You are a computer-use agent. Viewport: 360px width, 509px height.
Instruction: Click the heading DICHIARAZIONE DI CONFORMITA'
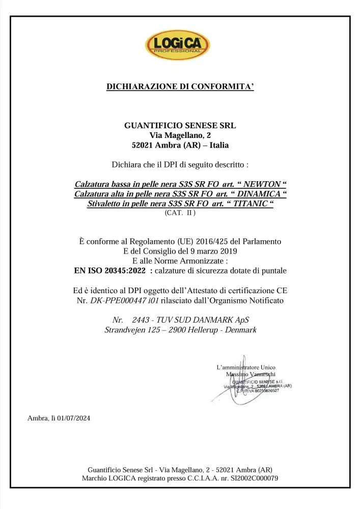tap(180, 87)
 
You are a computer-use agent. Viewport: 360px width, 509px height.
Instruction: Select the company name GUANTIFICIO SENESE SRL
tap(180, 125)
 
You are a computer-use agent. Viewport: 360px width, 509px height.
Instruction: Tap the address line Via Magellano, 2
tap(180, 135)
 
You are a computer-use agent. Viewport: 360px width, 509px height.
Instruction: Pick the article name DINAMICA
tap(259, 194)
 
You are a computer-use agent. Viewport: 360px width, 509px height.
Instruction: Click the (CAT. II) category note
tap(180, 213)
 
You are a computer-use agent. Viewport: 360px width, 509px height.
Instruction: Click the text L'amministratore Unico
tap(246, 367)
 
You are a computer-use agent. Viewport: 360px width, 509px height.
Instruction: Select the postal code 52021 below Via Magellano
tap(144, 145)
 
